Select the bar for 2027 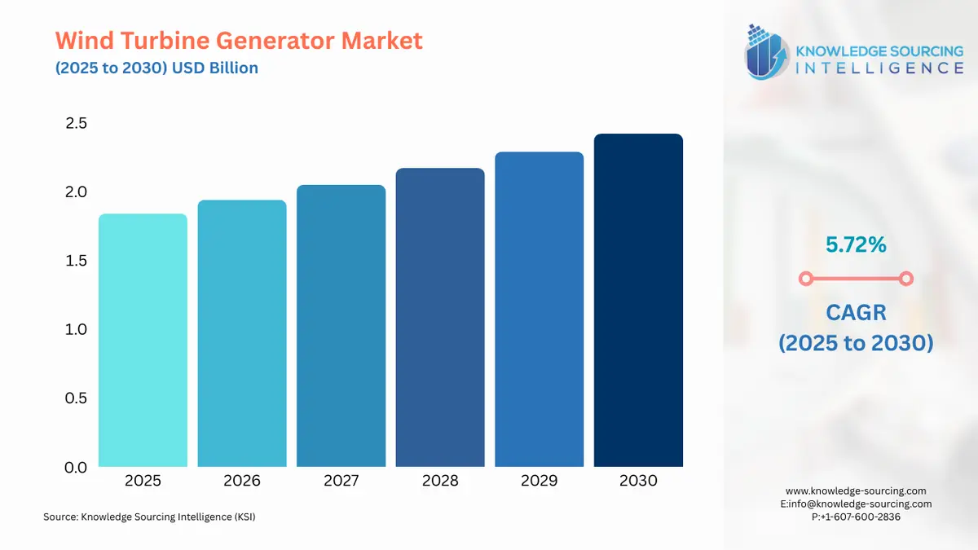341,326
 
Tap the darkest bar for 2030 638,301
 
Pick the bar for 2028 440,318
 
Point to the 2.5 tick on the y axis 76,124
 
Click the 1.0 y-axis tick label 76,330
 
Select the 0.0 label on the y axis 76,468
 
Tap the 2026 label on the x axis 242,481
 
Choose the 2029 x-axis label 539,481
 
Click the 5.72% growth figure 855,244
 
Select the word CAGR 855,312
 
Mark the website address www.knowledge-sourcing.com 856,491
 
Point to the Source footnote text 149,517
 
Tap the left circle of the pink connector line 805,279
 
